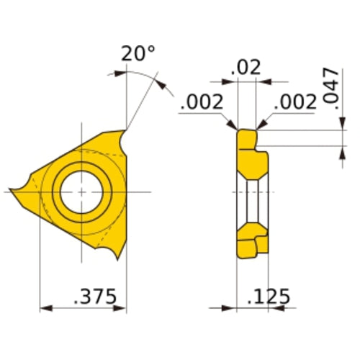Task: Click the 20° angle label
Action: (x=138, y=54)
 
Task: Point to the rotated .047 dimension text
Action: (x=330, y=88)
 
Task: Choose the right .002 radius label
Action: (x=296, y=102)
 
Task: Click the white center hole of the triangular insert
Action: (x=82, y=192)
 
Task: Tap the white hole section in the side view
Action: (x=253, y=194)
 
